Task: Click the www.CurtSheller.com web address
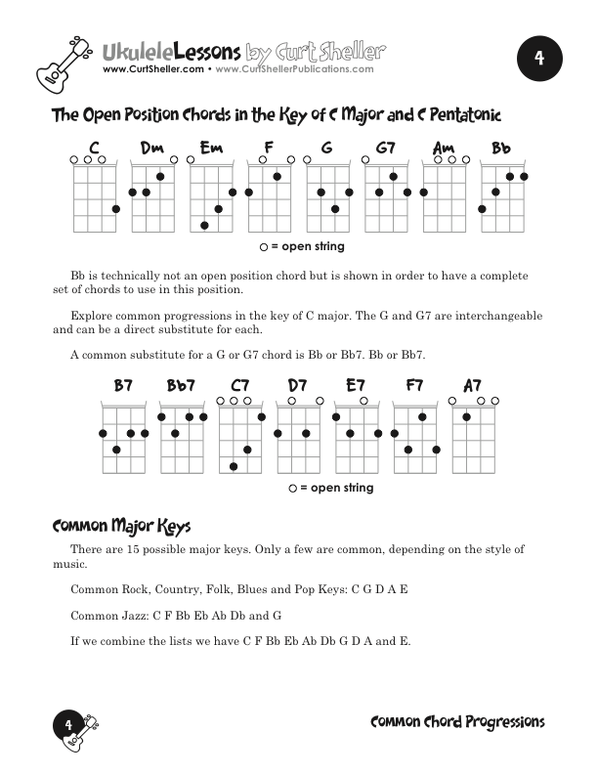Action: [x=152, y=69]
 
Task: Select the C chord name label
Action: [x=95, y=149]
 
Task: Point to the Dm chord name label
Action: [x=152, y=149]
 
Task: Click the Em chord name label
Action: [x=211, y=149]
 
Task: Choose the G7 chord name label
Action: [x=386, y=149]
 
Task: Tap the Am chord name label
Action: [x=444, y=149]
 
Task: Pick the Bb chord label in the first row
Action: [x=501, y=149]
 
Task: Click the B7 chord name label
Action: [x=123, y=387]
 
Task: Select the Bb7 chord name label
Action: [x=181, y=387]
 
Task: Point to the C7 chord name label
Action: [x=240, y=387]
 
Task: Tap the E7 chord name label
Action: [x=357, y=387]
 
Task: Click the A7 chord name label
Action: [x=472, y=387]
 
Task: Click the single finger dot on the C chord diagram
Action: [x=116, y=208]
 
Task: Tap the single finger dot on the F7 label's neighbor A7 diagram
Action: [x=467, y=417]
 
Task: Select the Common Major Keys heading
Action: [x=121, y=526]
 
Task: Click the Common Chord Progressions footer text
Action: [x=457, y=722]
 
